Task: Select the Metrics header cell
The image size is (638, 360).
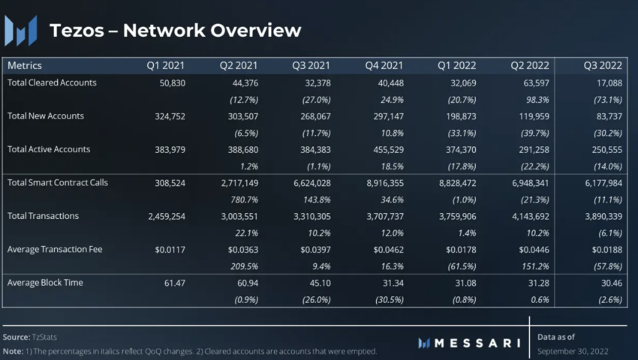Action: pyautogui.click(x=25, y=66)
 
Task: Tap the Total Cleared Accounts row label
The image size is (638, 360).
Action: pyautogui.click(x=52, y=82)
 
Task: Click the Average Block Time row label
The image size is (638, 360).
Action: pyautogui.click(x=45, y=282)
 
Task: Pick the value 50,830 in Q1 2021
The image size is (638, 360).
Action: pyautogui.click(x=166, y=82)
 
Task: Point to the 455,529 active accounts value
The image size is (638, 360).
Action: pyautogui.click(x=385, y=149)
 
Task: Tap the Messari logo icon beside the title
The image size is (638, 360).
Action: pyautogui.click(x=21, y=31)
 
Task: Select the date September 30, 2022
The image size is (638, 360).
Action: pyautogui.click(x=573, y=351)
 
